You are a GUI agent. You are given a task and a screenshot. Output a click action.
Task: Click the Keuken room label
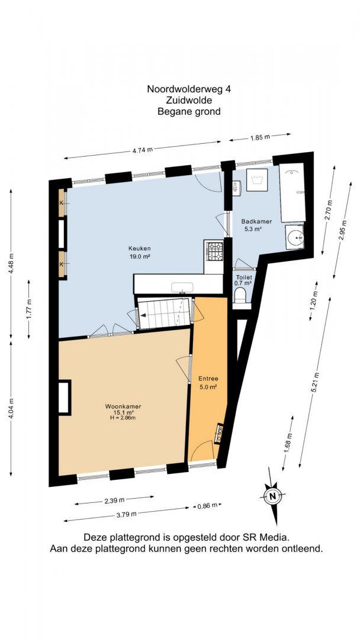(139, 248)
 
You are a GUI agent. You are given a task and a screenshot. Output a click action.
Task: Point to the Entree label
(207, 377)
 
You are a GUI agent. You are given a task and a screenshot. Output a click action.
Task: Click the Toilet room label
(242, 277)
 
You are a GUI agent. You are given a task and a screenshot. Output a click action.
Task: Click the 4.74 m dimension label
(143, 149)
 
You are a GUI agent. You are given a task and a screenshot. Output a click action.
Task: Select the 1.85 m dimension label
(260, 137)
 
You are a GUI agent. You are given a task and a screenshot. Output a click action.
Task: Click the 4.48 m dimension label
(11, 263)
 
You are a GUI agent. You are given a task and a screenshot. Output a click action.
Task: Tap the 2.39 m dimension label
(114, 500)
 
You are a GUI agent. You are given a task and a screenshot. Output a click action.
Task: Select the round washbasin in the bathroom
(294, 237)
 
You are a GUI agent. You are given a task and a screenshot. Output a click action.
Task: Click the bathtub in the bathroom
(292, 192)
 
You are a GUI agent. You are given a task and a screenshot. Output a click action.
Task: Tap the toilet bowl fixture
(240, 293)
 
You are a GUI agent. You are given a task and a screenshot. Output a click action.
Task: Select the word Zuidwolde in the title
(189, 100)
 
